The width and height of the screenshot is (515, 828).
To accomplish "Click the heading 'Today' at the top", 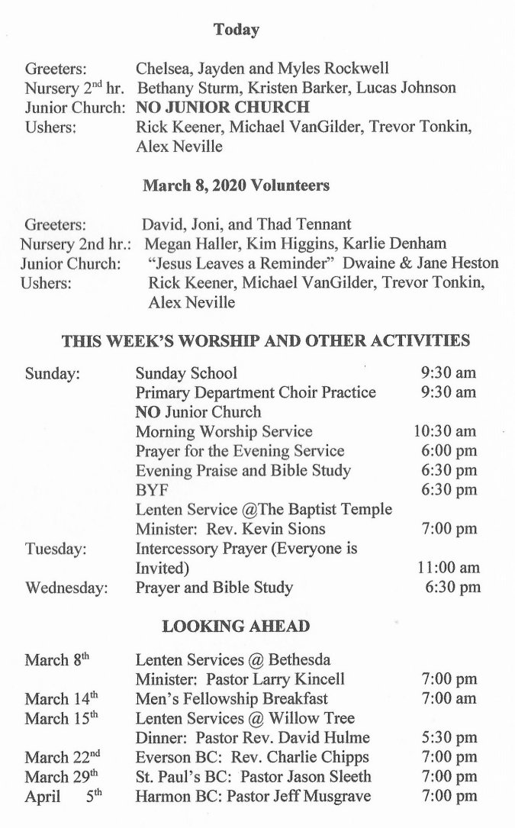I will [x=237, y=31].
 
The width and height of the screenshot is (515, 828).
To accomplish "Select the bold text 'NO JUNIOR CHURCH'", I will [x=223, y=107].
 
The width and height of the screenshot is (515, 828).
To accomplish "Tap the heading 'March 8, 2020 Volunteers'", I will [x=237, y=185].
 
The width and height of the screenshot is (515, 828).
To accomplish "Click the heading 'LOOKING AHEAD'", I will [x=237, y=627].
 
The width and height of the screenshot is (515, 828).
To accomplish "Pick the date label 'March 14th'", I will [x=62, y=699].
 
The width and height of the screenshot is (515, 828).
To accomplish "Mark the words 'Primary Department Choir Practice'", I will [x=256, y=392].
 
